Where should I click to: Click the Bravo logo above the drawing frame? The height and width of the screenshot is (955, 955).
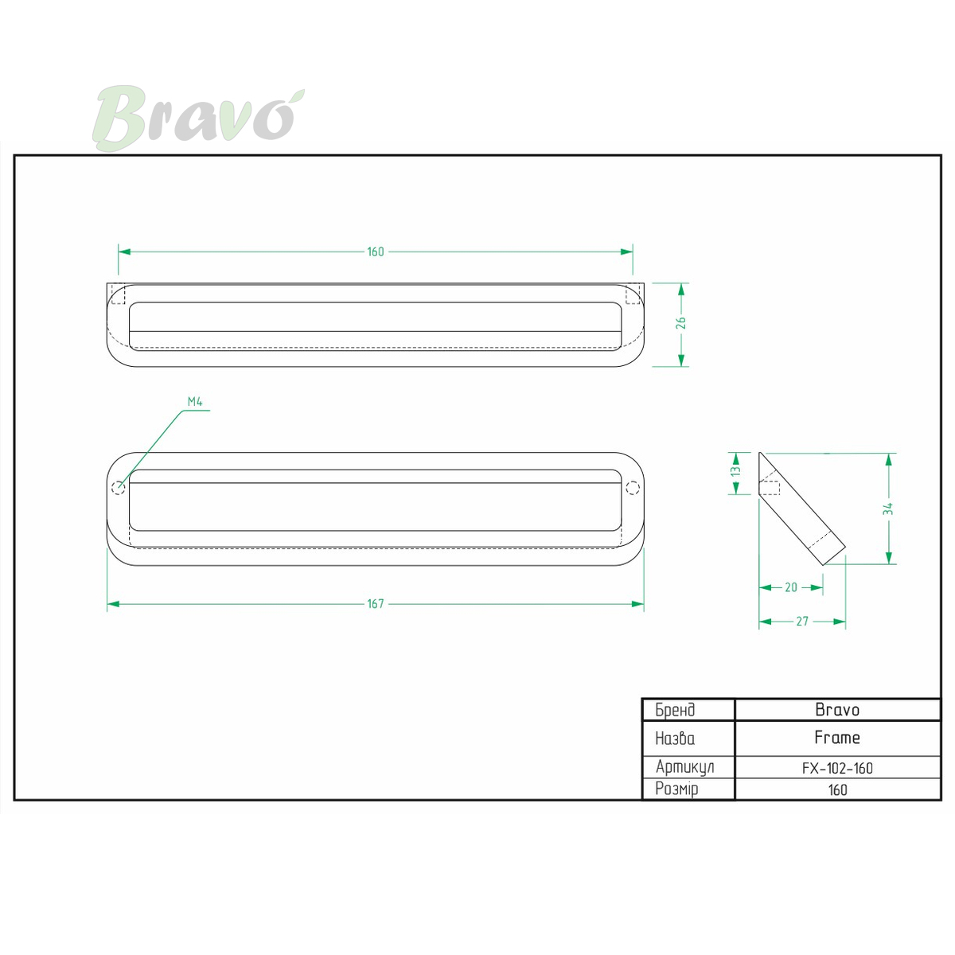(198, 118)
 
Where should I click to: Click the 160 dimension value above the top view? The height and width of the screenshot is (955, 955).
(375, 251)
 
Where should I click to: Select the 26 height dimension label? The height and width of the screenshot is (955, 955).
(681, 323)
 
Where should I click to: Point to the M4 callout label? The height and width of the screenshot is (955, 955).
(195, 401)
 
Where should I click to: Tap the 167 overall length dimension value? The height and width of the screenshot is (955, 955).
(375, 603)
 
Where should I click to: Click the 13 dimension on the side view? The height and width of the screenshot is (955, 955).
(735, 470)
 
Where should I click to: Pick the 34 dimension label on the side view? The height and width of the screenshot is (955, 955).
(888, 509)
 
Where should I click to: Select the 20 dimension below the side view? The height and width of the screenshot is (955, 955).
(791, 587)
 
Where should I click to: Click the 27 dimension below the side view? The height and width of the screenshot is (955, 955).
(802, 621)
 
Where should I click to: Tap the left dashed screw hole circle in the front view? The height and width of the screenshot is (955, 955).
(119, 488)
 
